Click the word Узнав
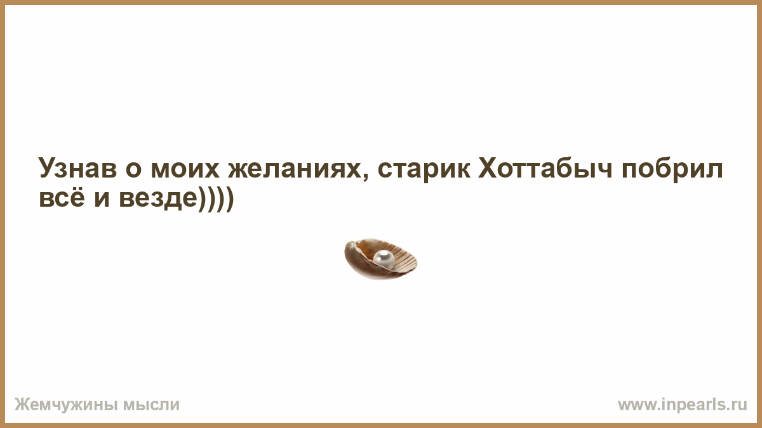point(77,169)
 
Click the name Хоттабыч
point(545,168)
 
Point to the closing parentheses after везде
point(216,199)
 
